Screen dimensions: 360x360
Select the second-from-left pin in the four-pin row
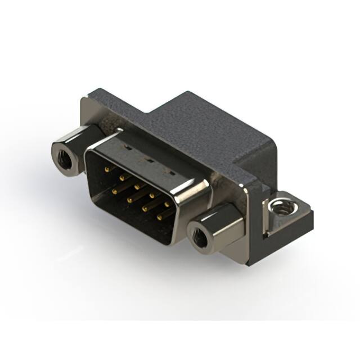coord(129,199)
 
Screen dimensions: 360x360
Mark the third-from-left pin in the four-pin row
coord(144,208)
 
